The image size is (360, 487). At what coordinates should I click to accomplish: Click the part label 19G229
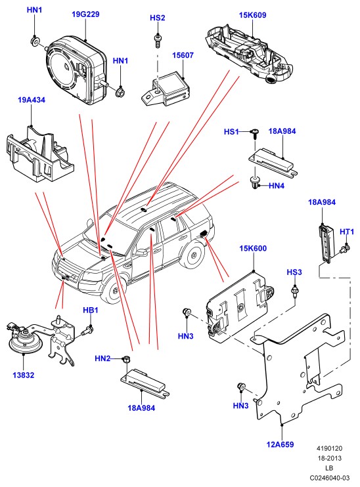click(x=85, y=14)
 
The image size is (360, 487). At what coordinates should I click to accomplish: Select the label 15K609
click(x=252, y=15)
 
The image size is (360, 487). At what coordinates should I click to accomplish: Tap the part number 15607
click(x=183, y=55)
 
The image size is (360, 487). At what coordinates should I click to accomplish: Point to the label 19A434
click(x=32, y=100)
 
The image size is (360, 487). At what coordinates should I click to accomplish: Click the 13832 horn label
click(x=23, y=375)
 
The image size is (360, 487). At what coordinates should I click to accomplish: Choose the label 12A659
click(x=280, y=444)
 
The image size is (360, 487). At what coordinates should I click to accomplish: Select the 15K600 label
click(x=253, y=249)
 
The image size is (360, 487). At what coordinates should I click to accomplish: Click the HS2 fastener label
click(x=157, y=18)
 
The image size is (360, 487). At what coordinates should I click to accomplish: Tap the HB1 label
click(x=91, y=310)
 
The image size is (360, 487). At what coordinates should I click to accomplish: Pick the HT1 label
click(x=347, y=232)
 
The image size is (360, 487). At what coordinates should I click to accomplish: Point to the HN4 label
click(x=277, y=186)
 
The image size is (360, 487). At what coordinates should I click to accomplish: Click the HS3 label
click(x=294, y=272)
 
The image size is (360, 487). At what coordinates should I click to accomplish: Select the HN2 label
click(x=102, y=359)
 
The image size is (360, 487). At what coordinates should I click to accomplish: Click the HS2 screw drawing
click(x=158, y=41)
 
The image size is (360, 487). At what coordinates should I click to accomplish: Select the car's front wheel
click(x=114, y=291)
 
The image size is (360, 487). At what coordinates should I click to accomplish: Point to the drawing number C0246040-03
click(x=330, y=478)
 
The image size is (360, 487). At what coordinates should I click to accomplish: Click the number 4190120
click(x=330, y=448)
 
